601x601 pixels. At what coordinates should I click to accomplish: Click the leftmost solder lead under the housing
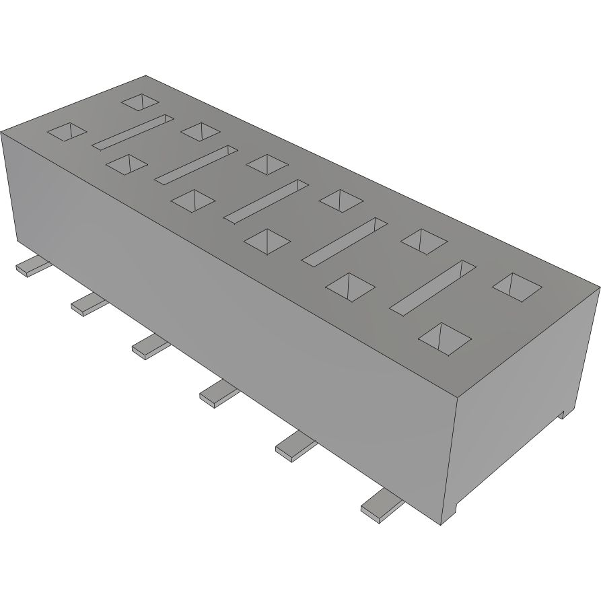(x=31, y=267)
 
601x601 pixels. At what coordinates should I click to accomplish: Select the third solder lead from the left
(x=149, y=346)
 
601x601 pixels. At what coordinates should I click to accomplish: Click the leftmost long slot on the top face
(x=132, y=132)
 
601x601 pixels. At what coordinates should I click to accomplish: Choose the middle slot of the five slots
(x=262, y=201)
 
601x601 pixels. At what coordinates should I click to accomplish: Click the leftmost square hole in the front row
(x=67, y=132)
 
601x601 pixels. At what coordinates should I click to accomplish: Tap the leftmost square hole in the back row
(x=142, y=102)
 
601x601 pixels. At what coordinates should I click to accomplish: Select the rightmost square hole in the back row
(x=517, y=286)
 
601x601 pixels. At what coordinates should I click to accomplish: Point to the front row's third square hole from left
(x=194, y=200)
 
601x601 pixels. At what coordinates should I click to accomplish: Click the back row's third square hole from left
(x=267, y=163)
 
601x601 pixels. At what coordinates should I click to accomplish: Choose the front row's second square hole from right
(x=349, y=286)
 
